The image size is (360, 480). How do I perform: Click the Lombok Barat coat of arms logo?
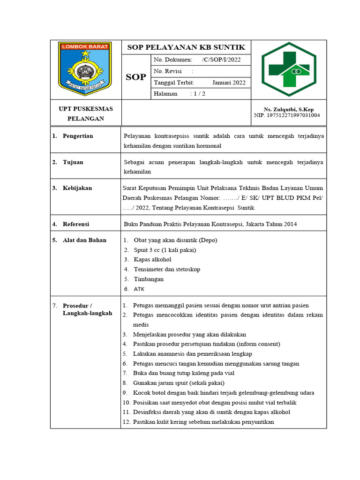(84, 68)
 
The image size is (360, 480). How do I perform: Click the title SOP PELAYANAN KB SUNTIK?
(186, 47)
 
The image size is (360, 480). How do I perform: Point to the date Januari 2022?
(229, 82)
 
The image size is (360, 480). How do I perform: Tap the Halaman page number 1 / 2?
(198, 94)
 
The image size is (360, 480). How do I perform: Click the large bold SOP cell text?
(136, 77)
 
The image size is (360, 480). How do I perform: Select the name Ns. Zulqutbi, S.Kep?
(289, 109)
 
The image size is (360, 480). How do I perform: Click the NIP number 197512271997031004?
(287, 115)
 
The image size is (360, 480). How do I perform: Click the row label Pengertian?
(78, 136)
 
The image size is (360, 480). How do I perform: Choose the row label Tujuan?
(73, 162)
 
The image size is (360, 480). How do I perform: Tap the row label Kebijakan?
(77, 188)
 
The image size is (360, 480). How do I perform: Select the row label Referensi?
(76, 224)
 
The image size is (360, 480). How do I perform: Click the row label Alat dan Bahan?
(84, 240)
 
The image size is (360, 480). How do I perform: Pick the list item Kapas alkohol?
(152, 259)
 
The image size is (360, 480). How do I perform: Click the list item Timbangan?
(149, 279)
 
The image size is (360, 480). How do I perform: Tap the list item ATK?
(139, 289)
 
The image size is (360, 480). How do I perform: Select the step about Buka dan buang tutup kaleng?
(184, 373)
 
